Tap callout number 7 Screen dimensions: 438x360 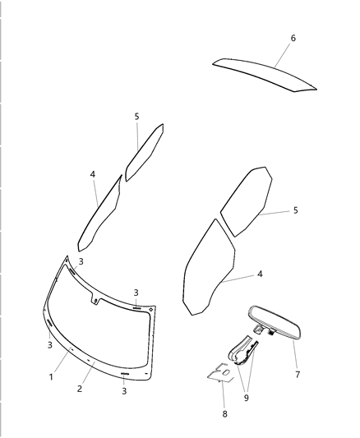pyautogui.click(x=298, y=374)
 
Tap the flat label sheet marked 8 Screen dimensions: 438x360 pyautogui.click(x=219, y=373)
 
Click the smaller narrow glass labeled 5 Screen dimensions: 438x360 pyautogui.click(x=144, y=153)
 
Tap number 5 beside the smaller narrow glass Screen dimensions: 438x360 pyautogui.click(x=137, y=117)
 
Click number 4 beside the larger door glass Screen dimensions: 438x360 pyautogui.click(x=260, y=274)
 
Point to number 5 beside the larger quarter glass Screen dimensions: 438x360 pyautogui.click(x=295, y=210)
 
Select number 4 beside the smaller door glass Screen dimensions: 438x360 pyautogui.click(x=93, y=174)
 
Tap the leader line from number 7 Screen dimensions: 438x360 pyautogui.click(x=289, y=353)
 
